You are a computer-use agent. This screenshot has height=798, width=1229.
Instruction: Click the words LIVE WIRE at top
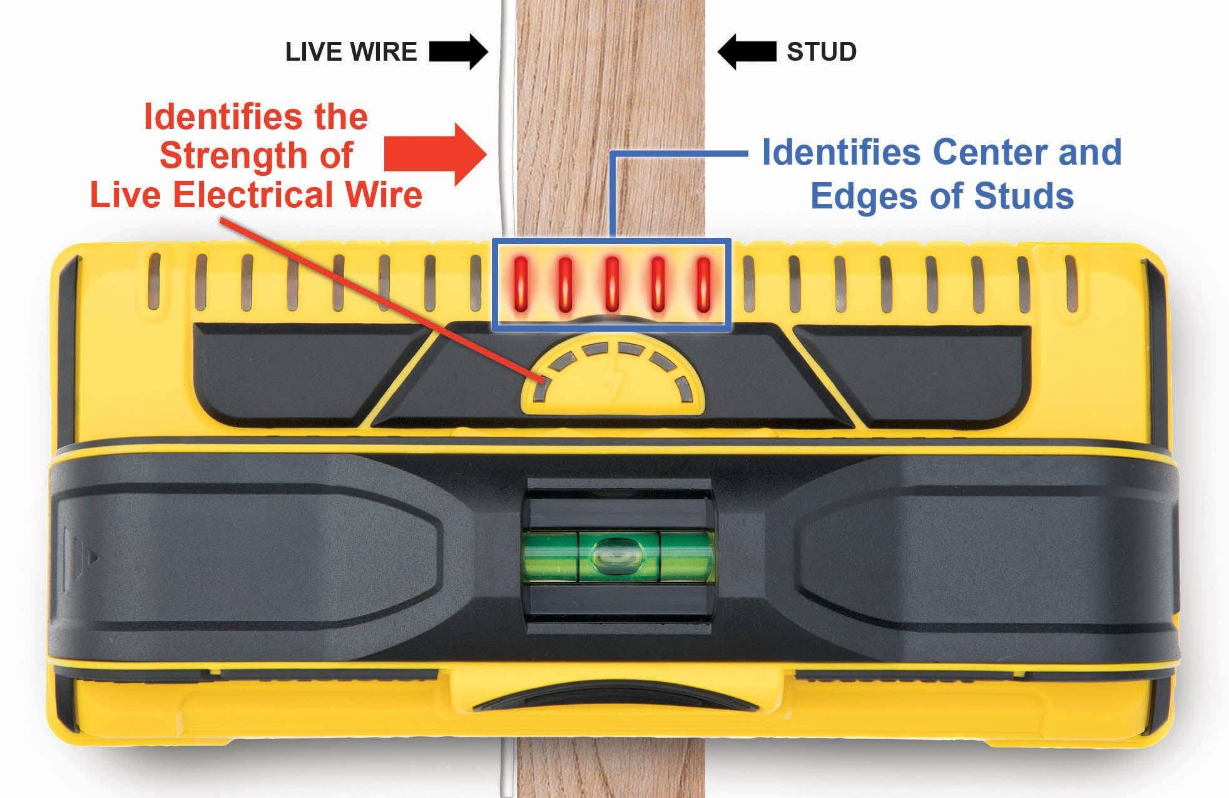pos(351,52)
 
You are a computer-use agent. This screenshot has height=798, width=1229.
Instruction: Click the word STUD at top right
pos(822,52)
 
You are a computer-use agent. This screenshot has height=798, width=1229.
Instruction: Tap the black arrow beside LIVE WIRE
pos(459,52)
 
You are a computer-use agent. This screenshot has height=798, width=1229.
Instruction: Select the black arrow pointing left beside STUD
pos(746,52)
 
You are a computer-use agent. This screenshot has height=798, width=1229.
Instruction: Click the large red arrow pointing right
pos(436,155)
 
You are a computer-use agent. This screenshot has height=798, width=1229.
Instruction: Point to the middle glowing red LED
pos(612,284)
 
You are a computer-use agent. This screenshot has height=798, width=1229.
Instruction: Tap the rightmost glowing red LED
pos(704,284)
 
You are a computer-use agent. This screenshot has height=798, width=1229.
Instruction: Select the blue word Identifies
pos(841,153)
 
